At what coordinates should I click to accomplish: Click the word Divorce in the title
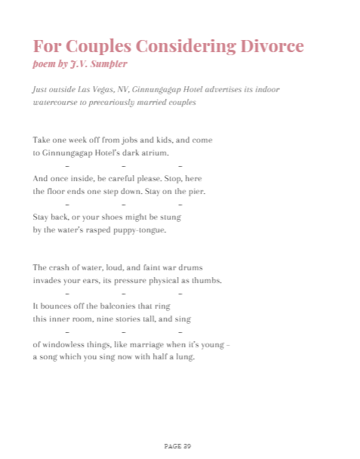(x=270, y=46)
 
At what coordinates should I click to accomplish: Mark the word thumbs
(x=205, y=280)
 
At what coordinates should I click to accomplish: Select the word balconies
(x=119, y=306)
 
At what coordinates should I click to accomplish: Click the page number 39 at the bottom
(x=187, y=446)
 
